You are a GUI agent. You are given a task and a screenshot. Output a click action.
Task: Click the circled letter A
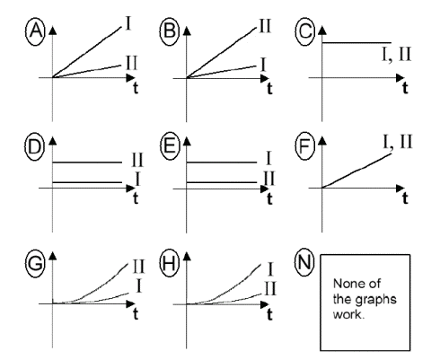(35, 31)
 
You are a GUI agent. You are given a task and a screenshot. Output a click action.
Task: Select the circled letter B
(170, 31)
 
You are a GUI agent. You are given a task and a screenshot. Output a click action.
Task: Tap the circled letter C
(305, 31)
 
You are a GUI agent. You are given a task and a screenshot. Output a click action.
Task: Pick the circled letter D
(35, 147)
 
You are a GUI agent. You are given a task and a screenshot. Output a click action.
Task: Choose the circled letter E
(170, 147)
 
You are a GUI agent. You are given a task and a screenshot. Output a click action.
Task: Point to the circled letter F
(305, 147)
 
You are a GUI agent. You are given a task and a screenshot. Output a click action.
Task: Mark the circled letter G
(35, 263)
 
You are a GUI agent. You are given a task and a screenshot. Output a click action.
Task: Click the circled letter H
(170, 263)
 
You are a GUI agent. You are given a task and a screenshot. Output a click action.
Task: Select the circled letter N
(304, 262)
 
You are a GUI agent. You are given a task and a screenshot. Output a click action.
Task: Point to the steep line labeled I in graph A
(87, 52)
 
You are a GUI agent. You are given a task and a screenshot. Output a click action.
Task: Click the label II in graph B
(265, 26)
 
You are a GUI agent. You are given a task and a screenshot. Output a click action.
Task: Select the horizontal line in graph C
(356, 43)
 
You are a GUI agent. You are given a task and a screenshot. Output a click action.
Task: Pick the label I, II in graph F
(398, 142)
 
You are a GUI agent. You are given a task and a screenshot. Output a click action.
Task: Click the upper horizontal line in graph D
(87, 162)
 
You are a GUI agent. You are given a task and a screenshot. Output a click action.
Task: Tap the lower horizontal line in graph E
(222, 182)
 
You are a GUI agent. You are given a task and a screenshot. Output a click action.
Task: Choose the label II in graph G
(138, 267)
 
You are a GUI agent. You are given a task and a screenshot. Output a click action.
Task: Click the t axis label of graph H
(269, 314)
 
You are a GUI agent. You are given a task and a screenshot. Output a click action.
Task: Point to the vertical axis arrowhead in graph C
(322, 31)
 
